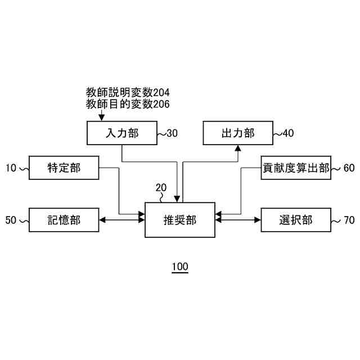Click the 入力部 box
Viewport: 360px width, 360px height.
click(121, 133)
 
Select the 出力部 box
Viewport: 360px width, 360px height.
click(237, 133)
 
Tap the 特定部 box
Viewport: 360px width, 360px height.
click(64, 168)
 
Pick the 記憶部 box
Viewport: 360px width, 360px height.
click(64, 220)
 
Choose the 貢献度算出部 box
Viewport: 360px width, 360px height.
click(296, 168)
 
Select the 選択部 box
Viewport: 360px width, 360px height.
click(296, 220)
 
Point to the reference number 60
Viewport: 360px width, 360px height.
click(349, 168)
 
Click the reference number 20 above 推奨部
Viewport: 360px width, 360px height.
click(161, 187)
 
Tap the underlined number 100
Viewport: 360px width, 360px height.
click(180, 267)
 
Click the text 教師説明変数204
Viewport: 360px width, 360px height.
click(128, 92)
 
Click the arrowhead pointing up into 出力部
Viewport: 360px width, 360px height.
click(237, 148)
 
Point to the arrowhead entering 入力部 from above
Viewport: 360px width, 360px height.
click(101, 118)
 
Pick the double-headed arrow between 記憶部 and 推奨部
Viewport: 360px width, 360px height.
click(122, 220)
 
